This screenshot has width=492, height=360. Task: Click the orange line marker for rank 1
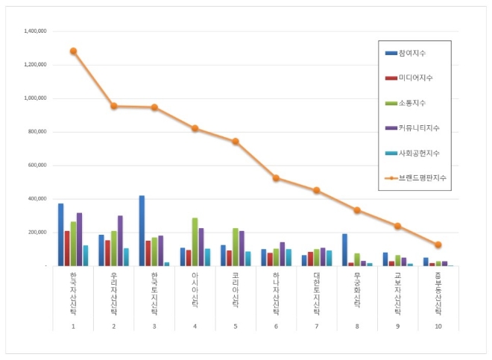click(x=73, y=51)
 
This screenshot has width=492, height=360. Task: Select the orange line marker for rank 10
click(x=438, y=244)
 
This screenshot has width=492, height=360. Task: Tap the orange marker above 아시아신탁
click(x=195, y=128)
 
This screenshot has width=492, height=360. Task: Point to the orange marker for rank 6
click(x=276, y=178)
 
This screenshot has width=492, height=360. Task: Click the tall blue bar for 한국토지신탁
click(x=142, y=230)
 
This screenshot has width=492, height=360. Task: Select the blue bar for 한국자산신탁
click(x=60, y=235)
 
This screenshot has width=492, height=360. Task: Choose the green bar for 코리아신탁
click(x=236, y=247)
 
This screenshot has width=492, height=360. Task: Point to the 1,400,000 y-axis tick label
click(x=35, y=31)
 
